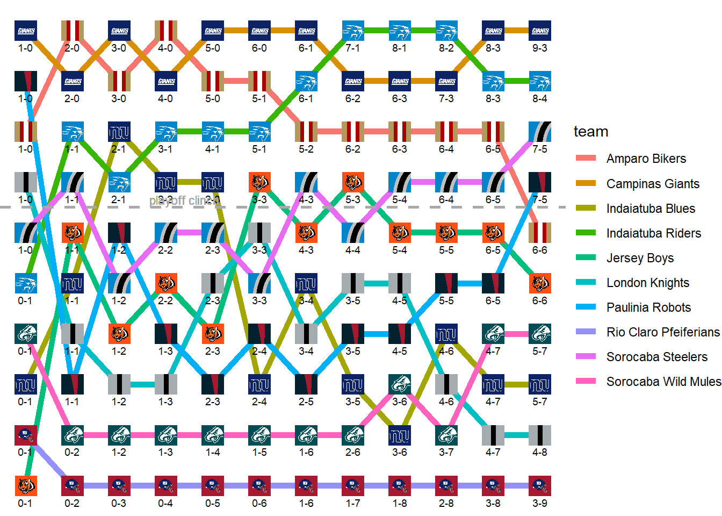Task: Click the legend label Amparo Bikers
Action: point(646,159)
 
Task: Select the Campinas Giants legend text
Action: point(653,184)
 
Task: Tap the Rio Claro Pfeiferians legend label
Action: point(663,332)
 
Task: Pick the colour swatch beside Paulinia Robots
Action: point(586,307)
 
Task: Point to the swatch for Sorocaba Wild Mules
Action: point(586,382)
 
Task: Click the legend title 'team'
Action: point(591,132)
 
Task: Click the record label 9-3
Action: point(540,48)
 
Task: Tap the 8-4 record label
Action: point(540,98)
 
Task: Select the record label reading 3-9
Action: point(540,503)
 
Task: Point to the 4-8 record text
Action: point(540,452)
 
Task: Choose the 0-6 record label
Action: point(259,503)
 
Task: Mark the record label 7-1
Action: point(353,48)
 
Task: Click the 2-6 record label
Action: point(353,452)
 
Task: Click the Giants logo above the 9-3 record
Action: point(540,31)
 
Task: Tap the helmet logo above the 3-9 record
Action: point(540,486)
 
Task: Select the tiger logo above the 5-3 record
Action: point(353,182)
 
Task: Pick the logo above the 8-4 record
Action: point(540,82)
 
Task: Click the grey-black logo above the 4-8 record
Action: point(540,435)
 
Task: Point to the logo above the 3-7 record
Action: point(446,435)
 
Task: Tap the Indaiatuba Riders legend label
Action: point(653,233)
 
